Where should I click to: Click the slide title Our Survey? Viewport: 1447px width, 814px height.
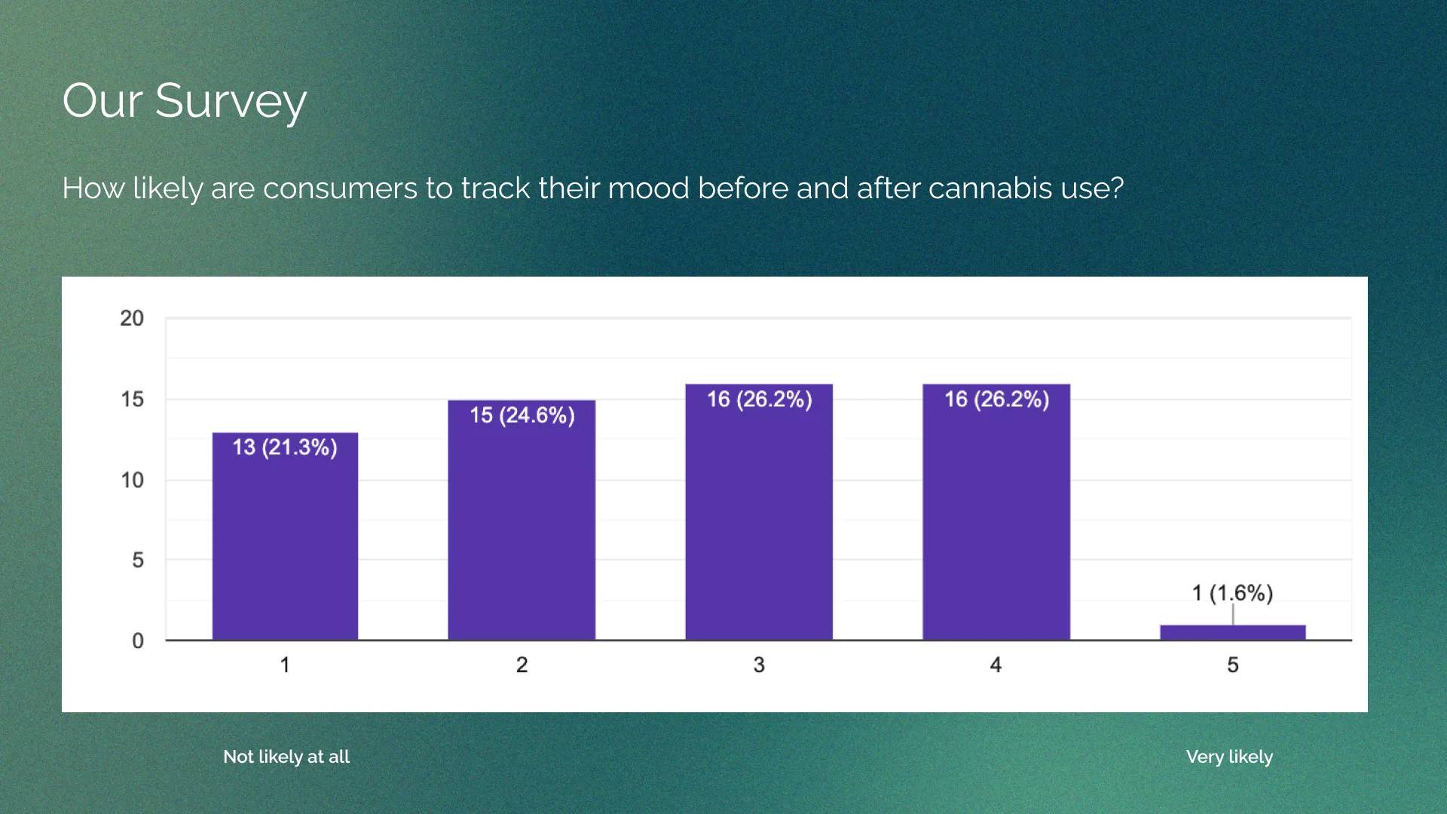tap(185, 101)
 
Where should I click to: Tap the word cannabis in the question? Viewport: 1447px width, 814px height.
tap(990, 188)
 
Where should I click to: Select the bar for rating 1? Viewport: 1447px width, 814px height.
tap(285, 543)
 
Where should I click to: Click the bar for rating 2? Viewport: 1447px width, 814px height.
tap(522, 528)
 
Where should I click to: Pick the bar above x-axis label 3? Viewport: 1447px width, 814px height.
tap(759, 520)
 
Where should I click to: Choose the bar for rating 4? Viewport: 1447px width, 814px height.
tap(996, 520)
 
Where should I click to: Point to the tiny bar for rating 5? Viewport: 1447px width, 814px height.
tap(1232, 632)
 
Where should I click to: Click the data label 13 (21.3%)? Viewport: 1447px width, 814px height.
tap(285, 447)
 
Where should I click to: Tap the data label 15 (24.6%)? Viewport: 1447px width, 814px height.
tap(522, 415)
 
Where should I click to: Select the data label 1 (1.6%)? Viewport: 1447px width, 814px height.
tap(1232, 593)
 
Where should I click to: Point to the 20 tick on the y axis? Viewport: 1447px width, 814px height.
tap(132, 318)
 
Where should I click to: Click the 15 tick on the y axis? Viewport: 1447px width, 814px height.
tap(132, 399)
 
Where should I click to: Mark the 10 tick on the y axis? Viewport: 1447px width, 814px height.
tap(132, 480)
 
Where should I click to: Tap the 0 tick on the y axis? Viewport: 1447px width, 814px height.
tap(137, 641)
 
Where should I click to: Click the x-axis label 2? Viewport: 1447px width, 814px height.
tap(522, 665)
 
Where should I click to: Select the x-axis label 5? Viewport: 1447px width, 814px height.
tap(1232, 665)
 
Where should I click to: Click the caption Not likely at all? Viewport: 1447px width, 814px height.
tap(286, 757)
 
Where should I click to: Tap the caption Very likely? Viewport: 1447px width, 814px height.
tap(1229, 757)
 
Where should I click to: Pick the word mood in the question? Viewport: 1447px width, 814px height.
tap(648, 188)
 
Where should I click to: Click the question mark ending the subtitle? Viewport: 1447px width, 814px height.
tap(1116, 188)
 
